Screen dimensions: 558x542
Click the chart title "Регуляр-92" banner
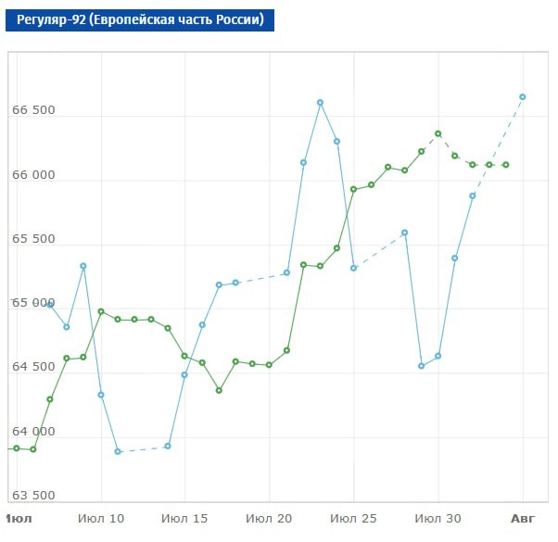[140, 19]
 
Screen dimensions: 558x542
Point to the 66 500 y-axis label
[33, 110]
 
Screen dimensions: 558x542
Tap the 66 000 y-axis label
[33, 174]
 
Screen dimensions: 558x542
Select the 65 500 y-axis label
[33, 239]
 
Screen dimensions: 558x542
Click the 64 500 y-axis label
[33, 367]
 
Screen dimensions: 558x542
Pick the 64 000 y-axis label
[33, 432]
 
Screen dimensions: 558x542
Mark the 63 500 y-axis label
[33, 496]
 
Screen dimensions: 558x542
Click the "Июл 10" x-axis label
[101, 519]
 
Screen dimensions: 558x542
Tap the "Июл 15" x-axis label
[184, 519]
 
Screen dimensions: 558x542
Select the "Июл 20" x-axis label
[269, 519]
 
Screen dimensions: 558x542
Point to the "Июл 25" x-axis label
[353, 519]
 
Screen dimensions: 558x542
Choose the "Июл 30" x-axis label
[438, 519]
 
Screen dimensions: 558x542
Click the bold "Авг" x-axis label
[523, 519]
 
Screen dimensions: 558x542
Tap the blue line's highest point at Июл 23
[321, 103]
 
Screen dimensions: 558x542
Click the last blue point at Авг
[523, 96]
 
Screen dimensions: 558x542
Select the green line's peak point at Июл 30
[438, 133]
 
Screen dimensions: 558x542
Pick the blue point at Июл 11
[118, 452]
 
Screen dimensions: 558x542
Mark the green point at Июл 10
[101, 312]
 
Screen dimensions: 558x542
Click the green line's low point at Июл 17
[219, 390]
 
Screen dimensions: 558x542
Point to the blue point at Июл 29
[422, 366]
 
